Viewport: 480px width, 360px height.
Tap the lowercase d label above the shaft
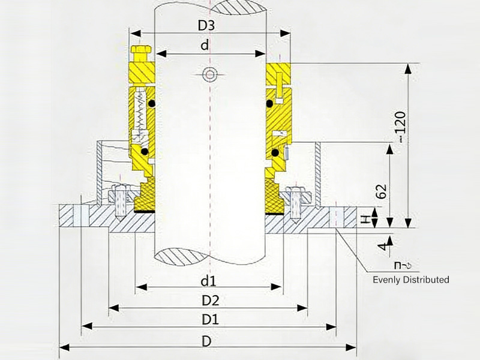(205, 46)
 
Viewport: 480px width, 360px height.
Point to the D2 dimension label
(209, 299)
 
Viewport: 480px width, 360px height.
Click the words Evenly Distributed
(410, 280)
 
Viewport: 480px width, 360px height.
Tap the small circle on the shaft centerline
(209, 74)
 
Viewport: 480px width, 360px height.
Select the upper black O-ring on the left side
(152, 103)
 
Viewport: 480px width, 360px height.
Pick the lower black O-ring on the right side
(274, 153)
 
